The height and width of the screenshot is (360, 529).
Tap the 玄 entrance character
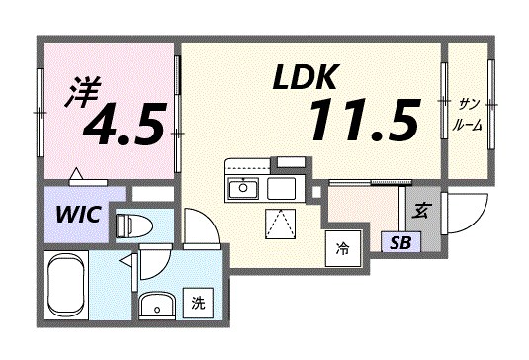[420, 210]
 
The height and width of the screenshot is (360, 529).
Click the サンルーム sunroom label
[468, 115]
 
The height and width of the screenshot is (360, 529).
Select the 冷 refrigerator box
[342, 247]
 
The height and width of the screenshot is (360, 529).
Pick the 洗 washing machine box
[199, 302]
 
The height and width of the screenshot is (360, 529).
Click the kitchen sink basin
[243, 188]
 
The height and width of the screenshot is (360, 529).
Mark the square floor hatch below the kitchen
[280, 224]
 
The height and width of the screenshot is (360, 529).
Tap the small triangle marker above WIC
[77, 178]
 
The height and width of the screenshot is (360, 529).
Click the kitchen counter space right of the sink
[281, 188]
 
